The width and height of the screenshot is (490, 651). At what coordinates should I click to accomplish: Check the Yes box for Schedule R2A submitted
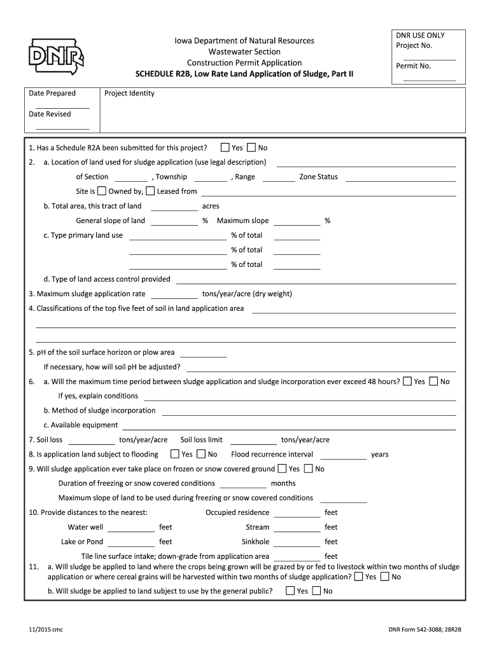(225, 147)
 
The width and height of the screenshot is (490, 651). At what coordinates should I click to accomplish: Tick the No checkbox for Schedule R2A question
(251, 147)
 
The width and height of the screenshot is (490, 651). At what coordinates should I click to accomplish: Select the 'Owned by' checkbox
(102, 191)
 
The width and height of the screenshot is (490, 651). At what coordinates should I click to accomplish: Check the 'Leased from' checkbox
(150, 191)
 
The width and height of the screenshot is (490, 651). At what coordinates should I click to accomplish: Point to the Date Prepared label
(52, 93)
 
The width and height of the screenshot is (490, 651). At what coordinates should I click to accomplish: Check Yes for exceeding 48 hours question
(407, 381)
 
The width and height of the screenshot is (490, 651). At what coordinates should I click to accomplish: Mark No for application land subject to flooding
(201, 454)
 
